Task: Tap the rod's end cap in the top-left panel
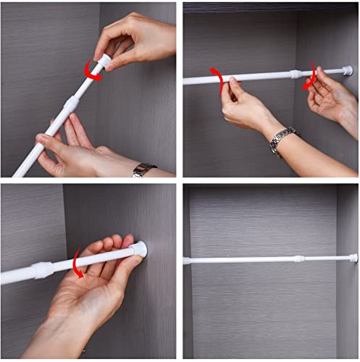point(106,60)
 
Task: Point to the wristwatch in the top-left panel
point(143,170)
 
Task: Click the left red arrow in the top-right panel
point(217,79)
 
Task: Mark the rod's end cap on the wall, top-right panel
point(348,71)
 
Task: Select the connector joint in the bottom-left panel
point(42,271)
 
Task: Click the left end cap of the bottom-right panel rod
point(187,261)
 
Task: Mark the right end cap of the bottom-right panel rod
point(353,258)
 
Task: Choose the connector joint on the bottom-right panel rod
point(298,258)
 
